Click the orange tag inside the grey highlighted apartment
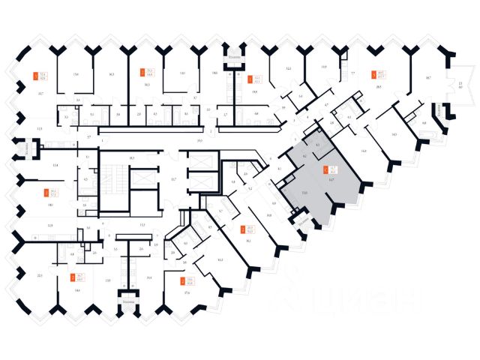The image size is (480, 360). [325, 169]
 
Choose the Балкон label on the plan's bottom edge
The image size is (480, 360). [129, 301]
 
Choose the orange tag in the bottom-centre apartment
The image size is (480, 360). [183, 281]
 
